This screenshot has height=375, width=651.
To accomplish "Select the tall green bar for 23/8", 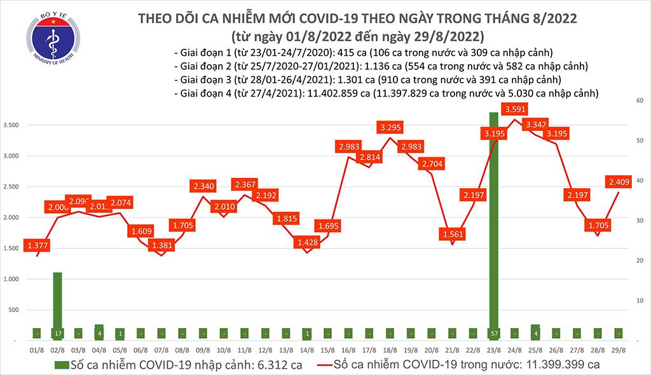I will tap(493, 222).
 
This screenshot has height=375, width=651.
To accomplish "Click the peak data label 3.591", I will tap(514, 109).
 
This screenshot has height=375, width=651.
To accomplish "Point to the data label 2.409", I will tap(613, 182).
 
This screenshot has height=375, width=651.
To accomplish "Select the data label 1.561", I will tap(451, 233).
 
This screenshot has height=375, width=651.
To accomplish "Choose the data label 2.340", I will tap(203, 186).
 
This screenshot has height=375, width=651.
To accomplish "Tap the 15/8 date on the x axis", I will tap(328, 350).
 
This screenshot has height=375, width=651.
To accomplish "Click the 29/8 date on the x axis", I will tap(617, 350).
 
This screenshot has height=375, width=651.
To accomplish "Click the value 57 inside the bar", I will tap(493, 332).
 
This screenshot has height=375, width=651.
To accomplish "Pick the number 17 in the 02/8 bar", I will tap(57, 332).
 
